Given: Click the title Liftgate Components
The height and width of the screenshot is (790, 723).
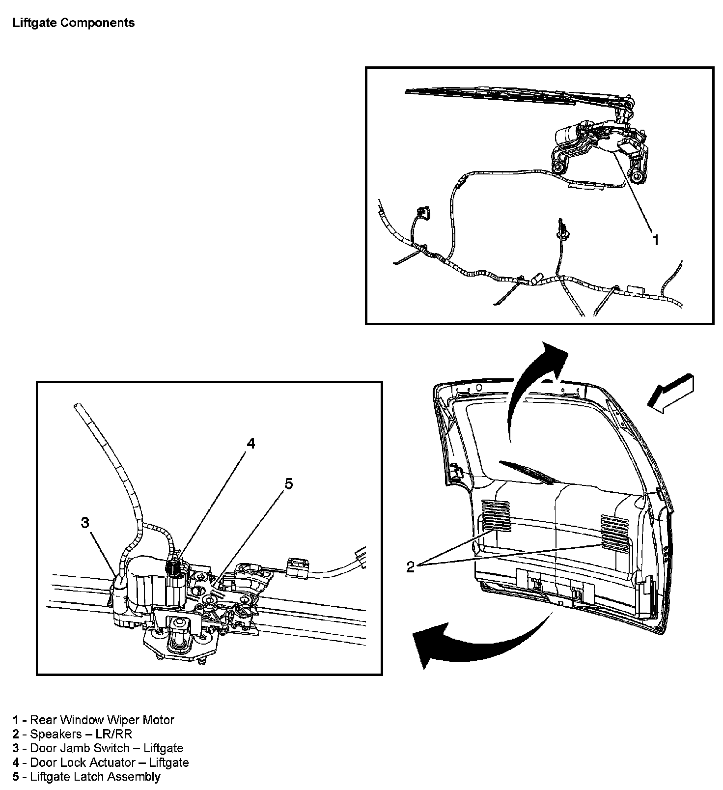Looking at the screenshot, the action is click(74, 23).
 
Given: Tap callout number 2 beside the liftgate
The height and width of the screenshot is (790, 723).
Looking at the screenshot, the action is click(411, 566).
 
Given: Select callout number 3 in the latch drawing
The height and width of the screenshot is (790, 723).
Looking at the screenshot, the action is click(85, 523).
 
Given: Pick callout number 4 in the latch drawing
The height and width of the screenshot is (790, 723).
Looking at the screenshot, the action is click(250, 444).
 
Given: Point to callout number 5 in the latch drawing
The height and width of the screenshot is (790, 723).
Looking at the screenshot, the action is click(289, 484).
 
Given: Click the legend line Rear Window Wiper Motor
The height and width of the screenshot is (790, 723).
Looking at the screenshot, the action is click(93, 720).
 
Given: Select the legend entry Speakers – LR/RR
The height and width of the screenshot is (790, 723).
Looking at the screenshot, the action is click(72, 734).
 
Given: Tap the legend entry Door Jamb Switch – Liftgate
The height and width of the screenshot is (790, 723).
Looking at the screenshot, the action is click(98, 748).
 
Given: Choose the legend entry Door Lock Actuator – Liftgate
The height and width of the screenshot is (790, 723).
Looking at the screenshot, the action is click(101, 762).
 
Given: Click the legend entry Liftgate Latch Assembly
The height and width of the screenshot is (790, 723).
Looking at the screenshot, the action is click(86, 777).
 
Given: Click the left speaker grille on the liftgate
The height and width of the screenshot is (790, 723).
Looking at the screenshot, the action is click(496, 516).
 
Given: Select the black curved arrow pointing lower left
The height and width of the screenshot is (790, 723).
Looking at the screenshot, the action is click(467, 639).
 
